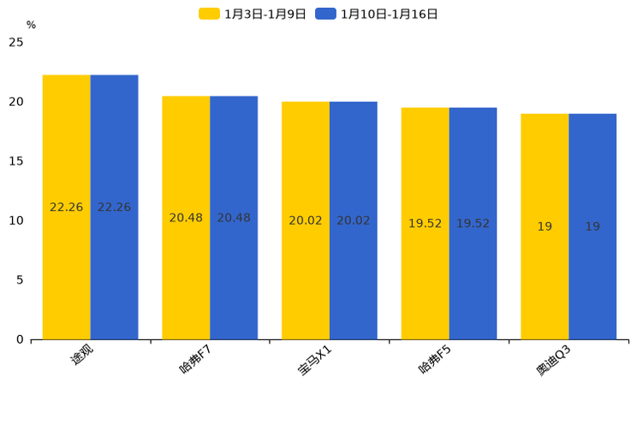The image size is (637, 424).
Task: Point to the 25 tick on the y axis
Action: coord(16,42)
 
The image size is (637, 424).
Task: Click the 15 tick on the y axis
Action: coord(16,161)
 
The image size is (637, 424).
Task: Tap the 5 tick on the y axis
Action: coord(20,280)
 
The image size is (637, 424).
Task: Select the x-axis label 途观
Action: coord(81,354)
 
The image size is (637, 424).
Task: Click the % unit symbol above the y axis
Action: coord(31,26)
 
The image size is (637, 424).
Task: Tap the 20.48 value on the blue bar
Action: coord(234,218)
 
